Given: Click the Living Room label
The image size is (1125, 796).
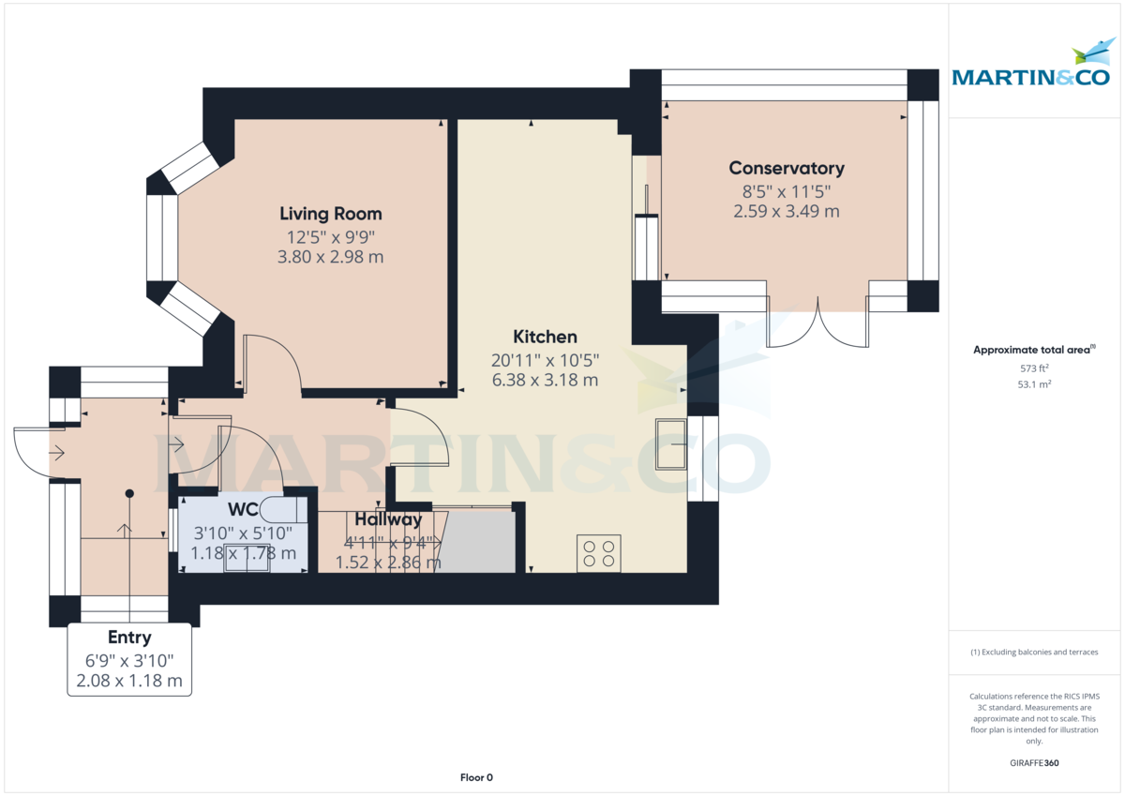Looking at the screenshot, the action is [x=330, y=214].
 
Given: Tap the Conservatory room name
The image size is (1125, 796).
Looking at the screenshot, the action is [x=787, y=168].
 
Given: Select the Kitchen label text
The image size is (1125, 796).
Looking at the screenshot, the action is [x=545, y=337].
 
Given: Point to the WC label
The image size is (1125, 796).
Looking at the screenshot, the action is [x=243, y=509].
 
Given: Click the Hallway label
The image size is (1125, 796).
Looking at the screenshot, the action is [x=388, y=519].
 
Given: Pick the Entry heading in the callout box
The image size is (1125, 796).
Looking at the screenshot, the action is [x=129, y=638].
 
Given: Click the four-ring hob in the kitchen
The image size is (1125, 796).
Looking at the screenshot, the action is [x=599, y=553].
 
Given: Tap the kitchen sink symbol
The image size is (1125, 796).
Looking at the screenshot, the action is [x=671, y=444].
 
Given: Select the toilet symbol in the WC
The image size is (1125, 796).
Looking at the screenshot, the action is [x=283, y=510].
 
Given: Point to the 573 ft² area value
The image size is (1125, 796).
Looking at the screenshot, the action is [x=1034, y=368].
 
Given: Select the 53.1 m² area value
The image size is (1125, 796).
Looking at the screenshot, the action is [x=1034, y=384].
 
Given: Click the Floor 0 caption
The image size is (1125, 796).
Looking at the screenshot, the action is [x=476, y=777].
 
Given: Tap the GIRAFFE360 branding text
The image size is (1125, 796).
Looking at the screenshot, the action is [x=1034, y=763].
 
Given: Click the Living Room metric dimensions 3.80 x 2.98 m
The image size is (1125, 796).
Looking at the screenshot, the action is [x=330, y=257].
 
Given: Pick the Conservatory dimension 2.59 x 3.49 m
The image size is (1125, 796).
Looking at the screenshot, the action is [x=787, y=211].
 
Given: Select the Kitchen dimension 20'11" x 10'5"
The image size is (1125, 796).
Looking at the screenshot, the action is [x=545, y=360].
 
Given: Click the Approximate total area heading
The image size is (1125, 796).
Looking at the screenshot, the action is [x=1034, y=350].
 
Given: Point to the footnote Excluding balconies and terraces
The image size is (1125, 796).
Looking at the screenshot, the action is [x=1034, y=652].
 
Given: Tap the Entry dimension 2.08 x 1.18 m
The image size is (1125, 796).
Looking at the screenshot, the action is [x=129, y=681].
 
